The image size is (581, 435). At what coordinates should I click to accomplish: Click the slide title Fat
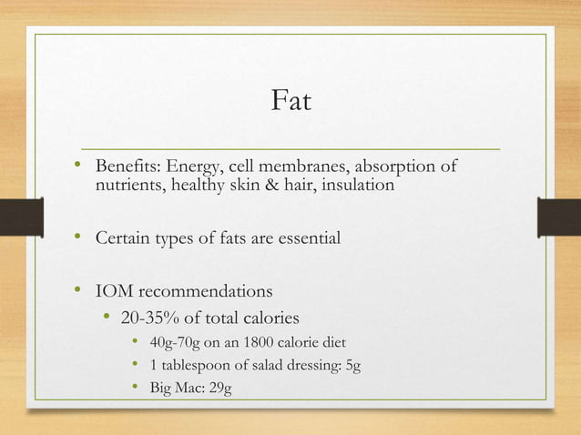coord(290,100)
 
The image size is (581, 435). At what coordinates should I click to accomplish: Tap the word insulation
coord(358,186)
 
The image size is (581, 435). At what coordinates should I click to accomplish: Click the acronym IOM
coord(116,292)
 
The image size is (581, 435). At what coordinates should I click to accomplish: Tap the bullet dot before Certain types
coord(79,238)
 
